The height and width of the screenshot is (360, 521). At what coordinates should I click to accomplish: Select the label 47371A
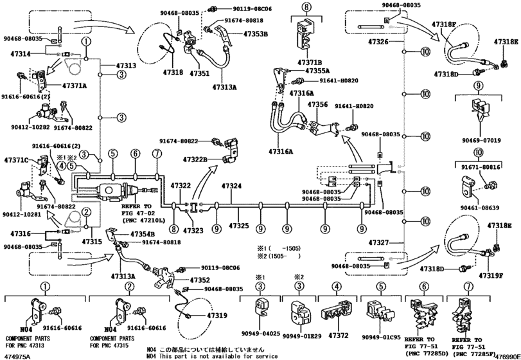[x=76, y=85]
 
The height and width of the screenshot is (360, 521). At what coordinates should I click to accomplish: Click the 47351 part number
[x=200, y=74]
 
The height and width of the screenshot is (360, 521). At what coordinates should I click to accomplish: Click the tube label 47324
[x=231, y=186]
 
